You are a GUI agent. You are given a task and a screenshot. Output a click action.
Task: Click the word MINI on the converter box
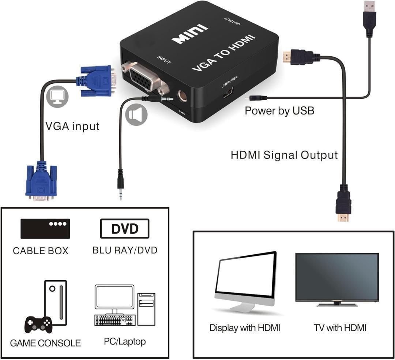click(x=190, y=34)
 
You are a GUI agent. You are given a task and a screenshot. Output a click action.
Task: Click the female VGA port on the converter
click(x=145, y=78)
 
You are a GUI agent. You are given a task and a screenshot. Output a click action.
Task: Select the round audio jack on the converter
click(x=182, y=96)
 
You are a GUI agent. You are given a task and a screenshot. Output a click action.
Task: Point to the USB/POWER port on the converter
click(x=228, y=93)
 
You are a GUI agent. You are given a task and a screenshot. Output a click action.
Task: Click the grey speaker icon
click(x=136, y=115)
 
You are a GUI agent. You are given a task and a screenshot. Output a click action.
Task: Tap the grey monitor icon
click(x=57, y=97)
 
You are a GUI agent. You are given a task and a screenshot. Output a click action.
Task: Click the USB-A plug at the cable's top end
click(x=369, y=19)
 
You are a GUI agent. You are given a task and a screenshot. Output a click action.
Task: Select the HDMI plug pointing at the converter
click(x=298, y=57)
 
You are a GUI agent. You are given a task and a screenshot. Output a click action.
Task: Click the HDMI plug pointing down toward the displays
click(x=343, y=203)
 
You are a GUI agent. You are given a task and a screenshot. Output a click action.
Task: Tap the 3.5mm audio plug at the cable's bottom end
click(x=120, y=184)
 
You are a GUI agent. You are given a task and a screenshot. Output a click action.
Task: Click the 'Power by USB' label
click(x=280, y=111)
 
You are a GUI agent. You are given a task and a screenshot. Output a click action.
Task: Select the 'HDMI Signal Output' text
click(x=284, y=155)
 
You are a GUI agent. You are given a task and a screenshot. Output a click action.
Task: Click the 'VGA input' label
click(x=72, y=126)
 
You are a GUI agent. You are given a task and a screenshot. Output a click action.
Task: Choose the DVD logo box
click(x=125, y=229)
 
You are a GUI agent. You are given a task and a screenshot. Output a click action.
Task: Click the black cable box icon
click(x=45, y=229)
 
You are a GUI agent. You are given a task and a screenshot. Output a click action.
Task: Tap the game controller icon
click(x=38, y=325)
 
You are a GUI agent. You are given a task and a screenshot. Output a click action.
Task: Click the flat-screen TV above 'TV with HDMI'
click(x=337, y=280)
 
